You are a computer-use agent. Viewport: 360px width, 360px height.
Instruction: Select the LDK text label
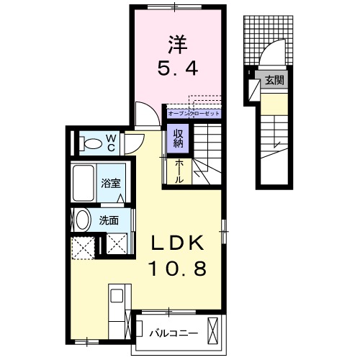click(x=176, y=243)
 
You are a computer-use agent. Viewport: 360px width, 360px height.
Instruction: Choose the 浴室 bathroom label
click(x=110, y=183)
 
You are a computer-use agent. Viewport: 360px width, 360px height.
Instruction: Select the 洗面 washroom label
click(x=109, y=221)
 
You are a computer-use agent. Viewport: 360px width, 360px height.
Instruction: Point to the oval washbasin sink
click(x=83, y=220)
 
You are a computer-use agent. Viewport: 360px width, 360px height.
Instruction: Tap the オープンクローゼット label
click(x=193, y=113)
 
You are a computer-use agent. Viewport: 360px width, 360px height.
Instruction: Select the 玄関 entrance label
click(x=273, y=79)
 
